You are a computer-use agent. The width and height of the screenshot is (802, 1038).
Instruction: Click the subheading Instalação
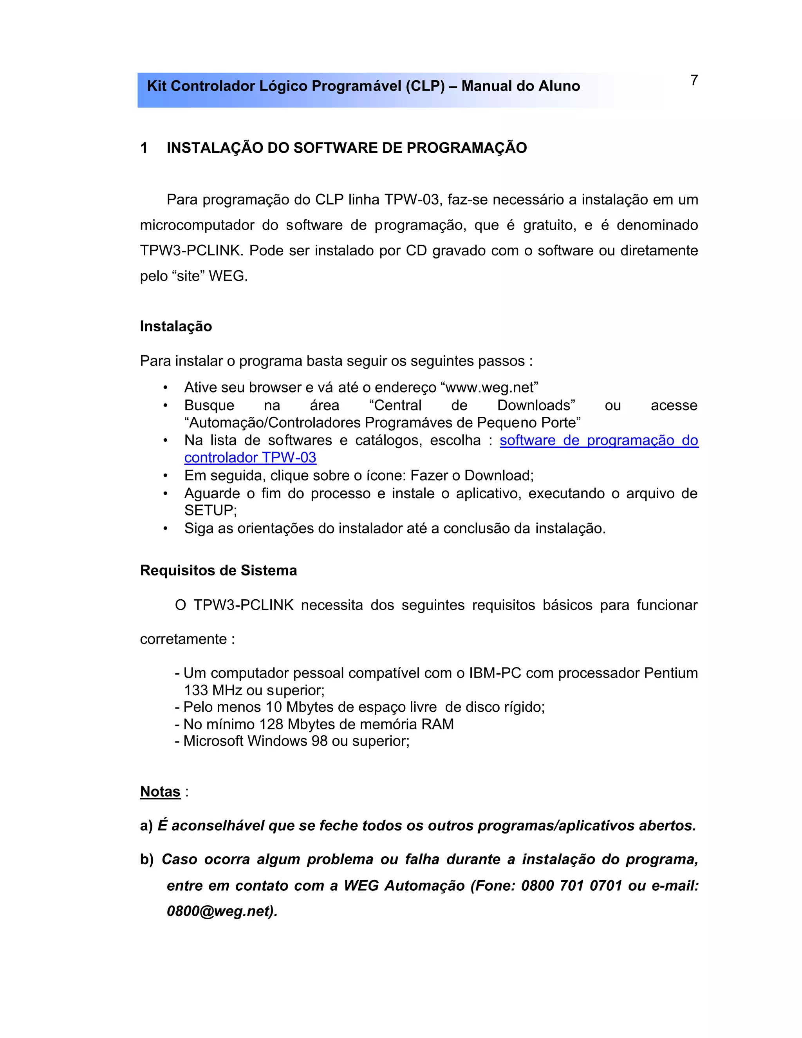(x=176, y=327)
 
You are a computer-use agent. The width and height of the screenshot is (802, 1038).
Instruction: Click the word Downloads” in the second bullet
(x=536, y=405)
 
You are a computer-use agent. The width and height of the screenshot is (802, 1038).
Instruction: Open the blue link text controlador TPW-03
(x=250, y=458)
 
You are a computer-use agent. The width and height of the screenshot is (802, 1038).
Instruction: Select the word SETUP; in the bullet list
(x=210, y=510)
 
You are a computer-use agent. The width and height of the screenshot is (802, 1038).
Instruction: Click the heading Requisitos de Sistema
(x=218, y=570)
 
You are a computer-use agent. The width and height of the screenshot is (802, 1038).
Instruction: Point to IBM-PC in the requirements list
(x=495, y=673)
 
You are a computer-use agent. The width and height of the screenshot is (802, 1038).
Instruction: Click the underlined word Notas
(x=160, y=792)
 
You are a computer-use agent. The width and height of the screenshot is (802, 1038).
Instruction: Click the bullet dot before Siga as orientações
(x=165, y=528)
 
